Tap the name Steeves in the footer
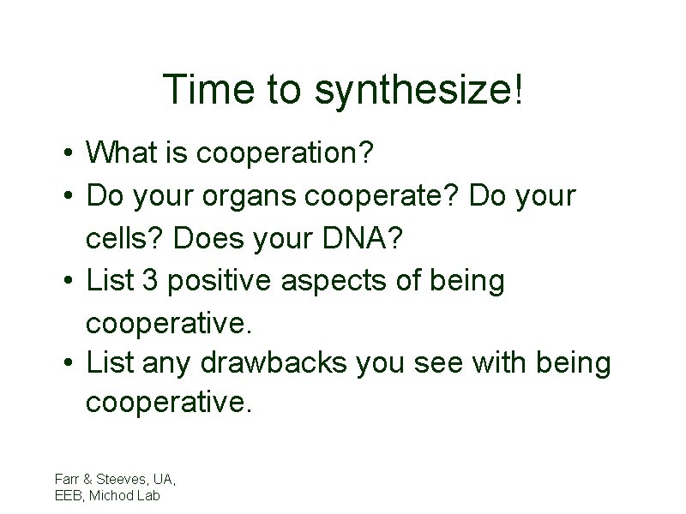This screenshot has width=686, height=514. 121,478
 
